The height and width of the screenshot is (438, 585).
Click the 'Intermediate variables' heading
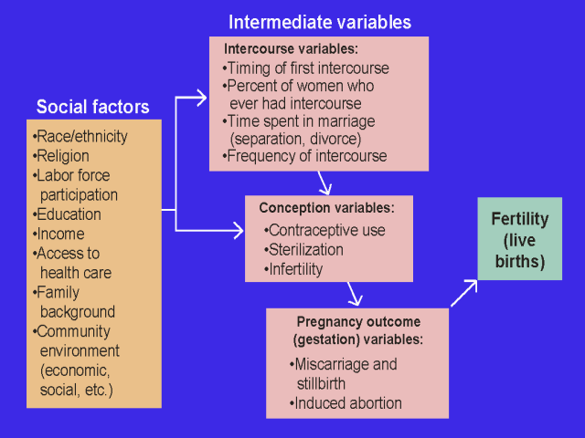(x=320, y=21)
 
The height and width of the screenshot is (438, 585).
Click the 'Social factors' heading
(x=92, y=107)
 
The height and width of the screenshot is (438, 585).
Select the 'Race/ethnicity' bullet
(x=80, y=137)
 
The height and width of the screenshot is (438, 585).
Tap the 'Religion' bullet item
(x=62, y=156)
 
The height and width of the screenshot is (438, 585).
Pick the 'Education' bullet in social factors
(x=69, y=214)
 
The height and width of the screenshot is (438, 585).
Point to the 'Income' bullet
(x=60, y=234)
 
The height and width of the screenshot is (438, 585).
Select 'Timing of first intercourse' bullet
(x=307, y=68)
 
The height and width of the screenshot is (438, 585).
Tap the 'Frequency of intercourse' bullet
(x=306, y=156)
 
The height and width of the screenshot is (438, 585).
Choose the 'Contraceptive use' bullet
(x=326, y=230)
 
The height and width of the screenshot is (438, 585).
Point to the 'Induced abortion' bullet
(x=347, y=402)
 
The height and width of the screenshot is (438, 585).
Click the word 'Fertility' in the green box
(x=519, y=219)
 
